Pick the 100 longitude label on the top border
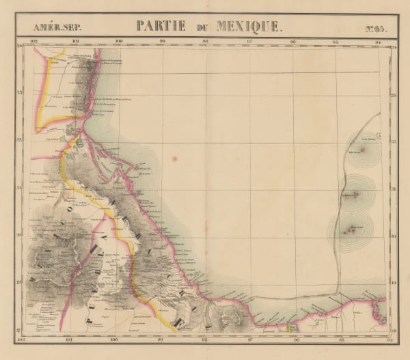[x=119, y=42]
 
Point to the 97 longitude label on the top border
[x=249, y=42]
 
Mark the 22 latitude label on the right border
[x=393, y=141]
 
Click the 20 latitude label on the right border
[x=393, y=236]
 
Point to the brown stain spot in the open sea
[x=174, y=159]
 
